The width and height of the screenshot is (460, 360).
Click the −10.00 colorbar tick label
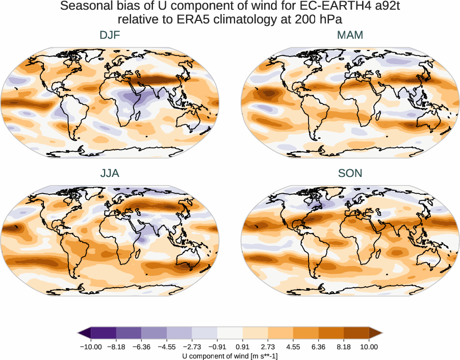point(91,347)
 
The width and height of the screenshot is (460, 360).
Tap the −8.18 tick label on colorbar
point(116,347)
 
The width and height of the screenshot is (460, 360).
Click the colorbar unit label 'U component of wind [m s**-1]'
point(230,356)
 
